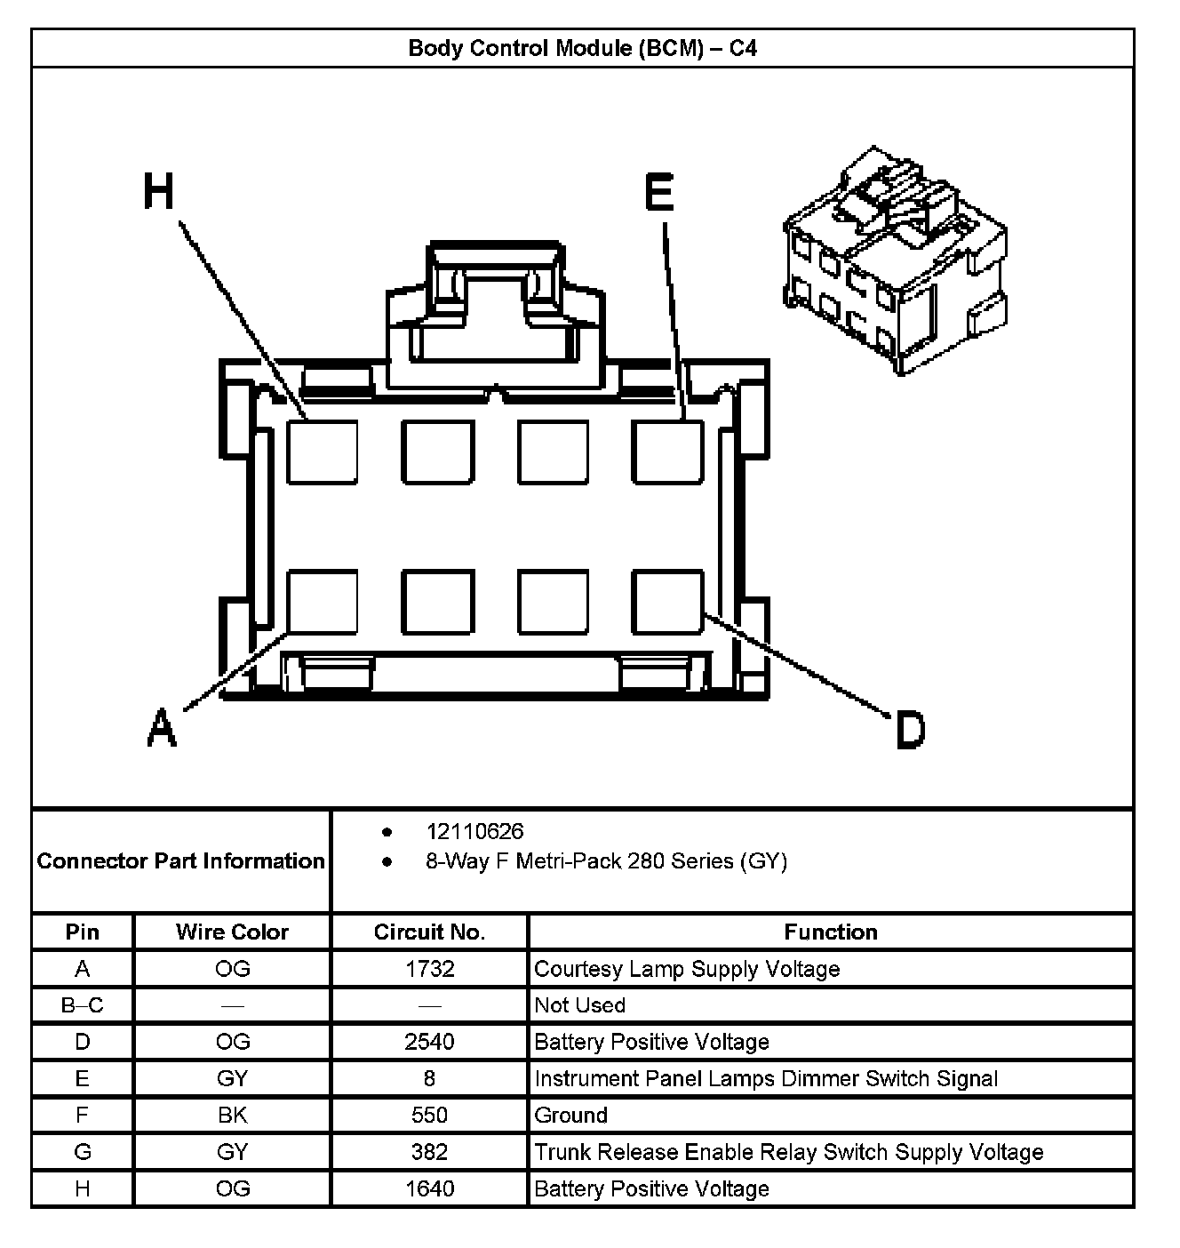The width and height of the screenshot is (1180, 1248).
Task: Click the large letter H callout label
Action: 160,192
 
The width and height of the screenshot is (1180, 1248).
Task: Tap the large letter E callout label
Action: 659,192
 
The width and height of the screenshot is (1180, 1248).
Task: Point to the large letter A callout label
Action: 161,727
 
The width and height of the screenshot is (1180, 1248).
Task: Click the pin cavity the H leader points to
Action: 323,452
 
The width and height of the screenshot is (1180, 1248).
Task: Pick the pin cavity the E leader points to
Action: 668,452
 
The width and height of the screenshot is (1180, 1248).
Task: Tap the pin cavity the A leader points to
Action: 323,602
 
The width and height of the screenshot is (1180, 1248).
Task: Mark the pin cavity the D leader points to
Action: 668,602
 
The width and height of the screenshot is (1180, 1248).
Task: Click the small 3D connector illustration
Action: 896,261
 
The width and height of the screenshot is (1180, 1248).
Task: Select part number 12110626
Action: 474,831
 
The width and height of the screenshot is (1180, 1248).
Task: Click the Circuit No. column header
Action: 429,932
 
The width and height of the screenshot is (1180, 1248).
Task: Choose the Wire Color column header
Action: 232,932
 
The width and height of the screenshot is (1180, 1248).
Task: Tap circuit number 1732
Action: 429,968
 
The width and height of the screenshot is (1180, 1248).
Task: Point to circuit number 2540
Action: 429,1041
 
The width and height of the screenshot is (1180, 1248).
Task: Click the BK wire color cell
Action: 232,1115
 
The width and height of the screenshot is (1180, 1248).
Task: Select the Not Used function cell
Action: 579,1004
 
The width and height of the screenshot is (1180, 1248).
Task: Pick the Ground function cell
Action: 570,1115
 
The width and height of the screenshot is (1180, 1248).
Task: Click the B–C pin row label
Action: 82,1004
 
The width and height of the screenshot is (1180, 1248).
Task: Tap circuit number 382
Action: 429,1152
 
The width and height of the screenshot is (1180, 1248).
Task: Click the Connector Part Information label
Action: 180,860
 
